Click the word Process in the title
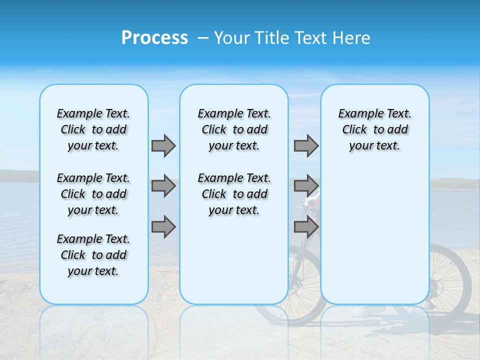pyautogui.click(x=154, y=38)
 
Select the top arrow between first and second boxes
pyautogui.click(x=163, y=145)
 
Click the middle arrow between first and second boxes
pyautogui.click(x=163, y=186)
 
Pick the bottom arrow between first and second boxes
pyautogui.click(x=163, y=227)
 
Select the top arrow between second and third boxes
pyautogui.click(x=306, y=145)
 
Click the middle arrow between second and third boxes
pyautogui.click(x=306, y=186)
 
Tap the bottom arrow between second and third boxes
pyautogui.click(x=306, y=227)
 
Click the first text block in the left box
pyautogui.click(x=93, y=129)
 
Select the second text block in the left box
pyautogui.click(x=93, y=194)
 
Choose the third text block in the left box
pyautogui.click(x=93, y=255)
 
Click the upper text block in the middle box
pyautogui.click(x=234, y=129)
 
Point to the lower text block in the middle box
pyautogui.click(x=234, y=194)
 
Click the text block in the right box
pyautogui.click(x=374, y=129)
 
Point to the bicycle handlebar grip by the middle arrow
pyautogui.click(x=313, y=200)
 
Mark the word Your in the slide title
pyautogui.click(x=232, y=38)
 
